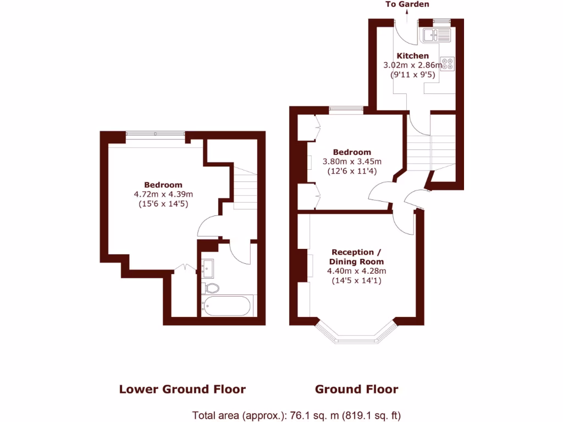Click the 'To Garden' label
[x=407, y=4]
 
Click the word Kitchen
[x=412, y=55]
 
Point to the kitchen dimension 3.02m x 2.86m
[x=412, y=65]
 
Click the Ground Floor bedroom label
[x=352, y=152]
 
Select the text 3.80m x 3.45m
[x=352, y=162]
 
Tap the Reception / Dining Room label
[x=356, y=257]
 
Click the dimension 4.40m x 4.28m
[x=356, y=271]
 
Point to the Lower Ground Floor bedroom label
[x=163, y=185]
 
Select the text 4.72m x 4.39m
[x=163, y=194]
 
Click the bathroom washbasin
[x=208, y=268]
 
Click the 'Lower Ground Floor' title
[x=183, y=390]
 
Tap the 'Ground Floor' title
[x=356, y=390]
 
